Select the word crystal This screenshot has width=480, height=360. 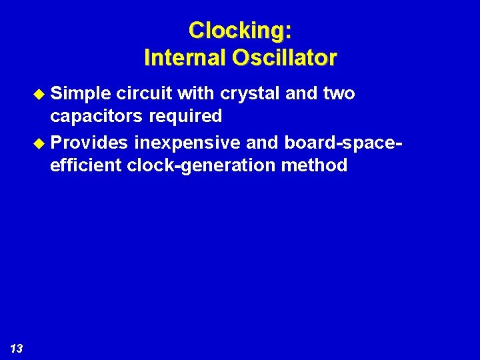250,94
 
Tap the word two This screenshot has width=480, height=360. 339,94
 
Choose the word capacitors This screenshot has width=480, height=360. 98,117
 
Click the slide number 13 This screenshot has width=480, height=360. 17,348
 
